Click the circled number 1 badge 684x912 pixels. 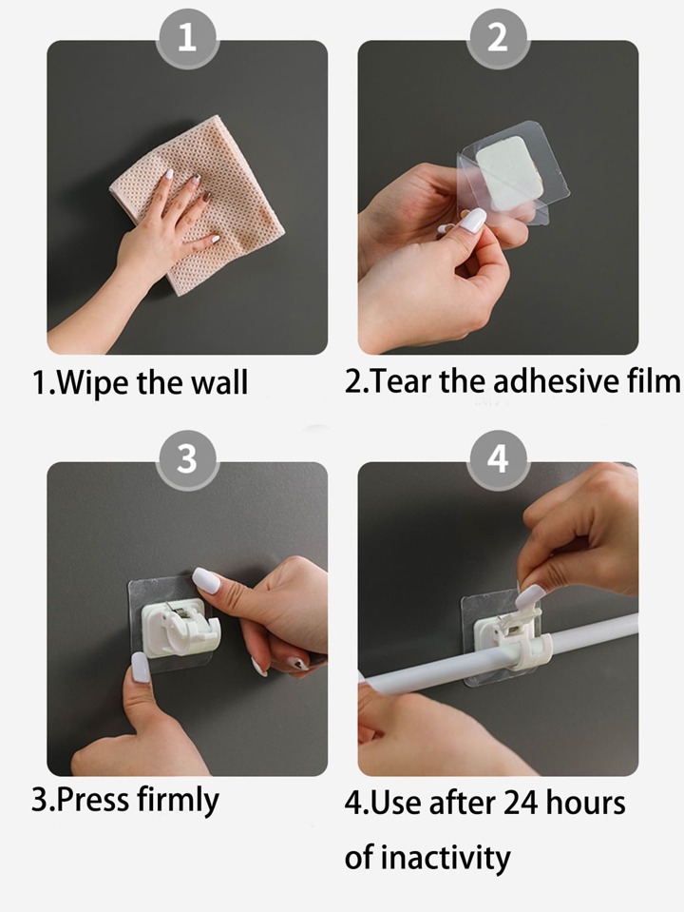(x=187, y=38)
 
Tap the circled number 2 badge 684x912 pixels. (x=498, y=38)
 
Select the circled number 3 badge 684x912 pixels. (x=187, y=459)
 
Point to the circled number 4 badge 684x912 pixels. (x=498, y=459)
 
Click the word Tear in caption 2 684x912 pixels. (x=400, y=381)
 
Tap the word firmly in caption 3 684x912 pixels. (x=178, y=801)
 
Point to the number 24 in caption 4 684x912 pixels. (x=520, y=804)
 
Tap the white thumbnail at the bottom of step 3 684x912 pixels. (x=141, y=667)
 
